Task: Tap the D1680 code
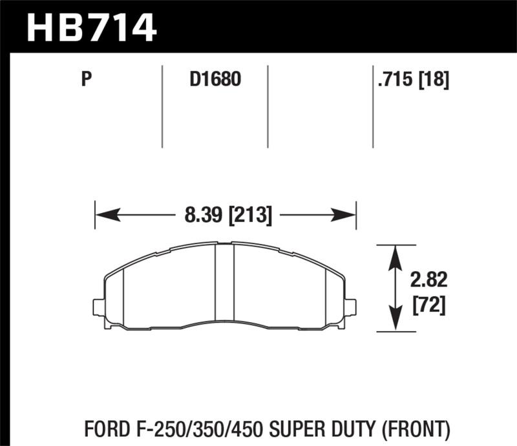click(x=215, y=80)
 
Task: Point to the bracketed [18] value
click(x=434, y=80)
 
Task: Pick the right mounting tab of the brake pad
click(x=350, y=307)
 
